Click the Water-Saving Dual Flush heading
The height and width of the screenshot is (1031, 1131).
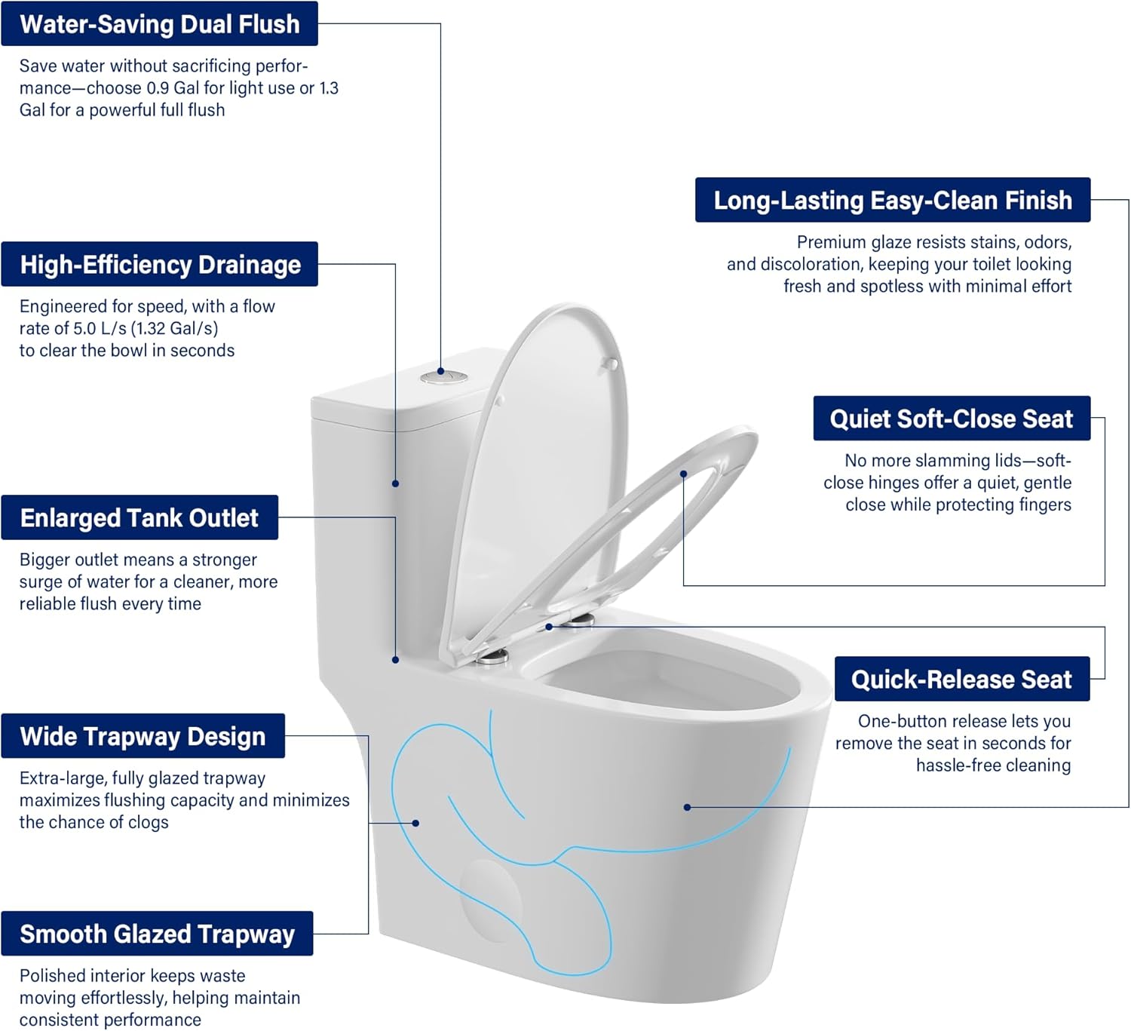pyautogui.click(x=159, y=24)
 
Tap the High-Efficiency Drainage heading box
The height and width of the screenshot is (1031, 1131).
pyautogui.click(x=160, y=265)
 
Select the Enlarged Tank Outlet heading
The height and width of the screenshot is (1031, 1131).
pyautogui.click(x=139, y=518)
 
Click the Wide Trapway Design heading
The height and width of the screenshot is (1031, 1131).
pyautogui.click(x=143, y=736)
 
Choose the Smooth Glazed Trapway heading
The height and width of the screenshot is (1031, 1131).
pyautogui.click(x=157, y=934)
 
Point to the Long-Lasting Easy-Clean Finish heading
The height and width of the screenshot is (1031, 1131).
pyautogui.click(x=893, y=201)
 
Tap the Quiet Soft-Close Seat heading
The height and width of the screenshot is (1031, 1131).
pyautogui.click(x=951, y=419)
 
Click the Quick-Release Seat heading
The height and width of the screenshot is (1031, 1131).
pyautogui.click(x=961, y=680)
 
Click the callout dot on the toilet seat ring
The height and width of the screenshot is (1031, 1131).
pyautogui.click(x=683, y=474)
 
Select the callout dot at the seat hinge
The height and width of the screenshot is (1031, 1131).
pyautogui.click(x=549, y=627)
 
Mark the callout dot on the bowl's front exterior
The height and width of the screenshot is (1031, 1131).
pyautogui.click(x=687, y=807)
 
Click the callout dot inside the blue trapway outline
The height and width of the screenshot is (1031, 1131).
pyautogui.click(x=415, y=823)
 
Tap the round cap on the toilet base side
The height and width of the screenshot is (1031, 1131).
pyautogui.click(x=491, y=901)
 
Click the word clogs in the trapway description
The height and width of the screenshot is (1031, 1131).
pyautogui.click(x=149, y=823)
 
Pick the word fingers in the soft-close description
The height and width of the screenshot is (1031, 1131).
pyautogui.click(x=1044, y=505)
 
